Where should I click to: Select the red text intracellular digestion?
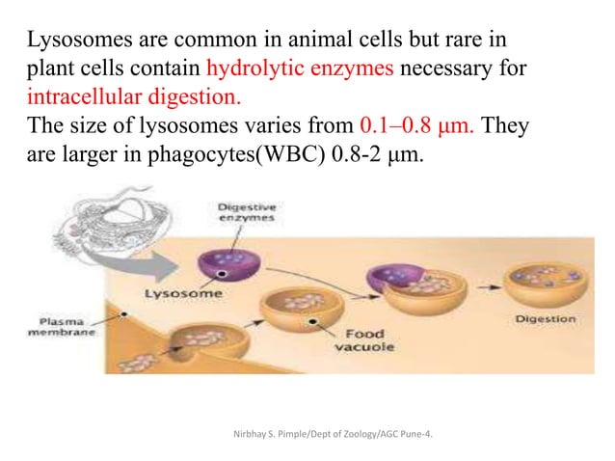tap(134, 98)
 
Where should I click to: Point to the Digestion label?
tap(545, 318)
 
